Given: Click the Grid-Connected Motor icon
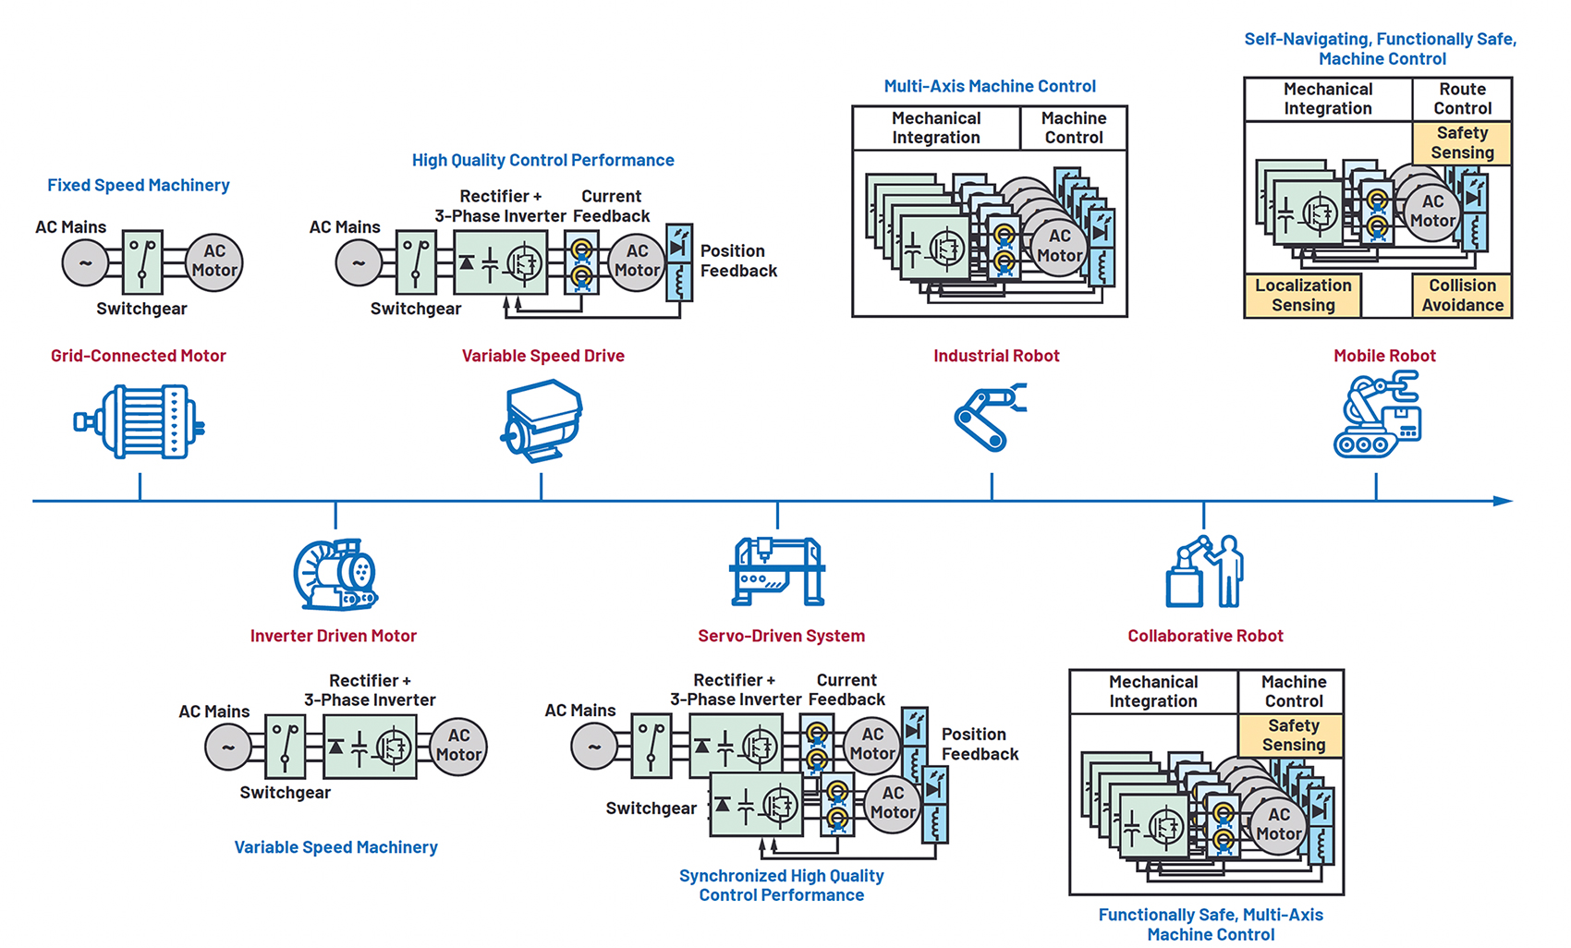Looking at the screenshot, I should [140, 422].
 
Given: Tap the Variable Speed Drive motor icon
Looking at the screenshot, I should [542, 420].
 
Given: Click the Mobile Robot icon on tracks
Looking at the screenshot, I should [1377, 415].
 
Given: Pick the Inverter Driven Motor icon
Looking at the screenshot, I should [335, 574].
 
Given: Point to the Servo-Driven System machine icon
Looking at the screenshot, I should [777, 571].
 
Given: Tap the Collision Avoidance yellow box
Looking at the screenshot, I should [1462, 296].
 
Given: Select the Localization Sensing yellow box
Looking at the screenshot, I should [1303, 296].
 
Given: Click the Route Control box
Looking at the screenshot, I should [1462, 99].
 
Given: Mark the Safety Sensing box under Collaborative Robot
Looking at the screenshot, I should [1293, 735].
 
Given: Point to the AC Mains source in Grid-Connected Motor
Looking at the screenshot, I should [85, 262].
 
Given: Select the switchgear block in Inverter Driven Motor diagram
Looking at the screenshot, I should [285, 747].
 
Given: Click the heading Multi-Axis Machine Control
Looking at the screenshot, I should [990, 86].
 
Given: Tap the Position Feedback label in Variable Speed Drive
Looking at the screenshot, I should [737, 261].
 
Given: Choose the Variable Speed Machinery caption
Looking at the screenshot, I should [335, 847].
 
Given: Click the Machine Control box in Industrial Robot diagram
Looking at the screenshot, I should [1073, 128].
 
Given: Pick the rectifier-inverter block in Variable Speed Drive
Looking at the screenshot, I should [500, 263].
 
